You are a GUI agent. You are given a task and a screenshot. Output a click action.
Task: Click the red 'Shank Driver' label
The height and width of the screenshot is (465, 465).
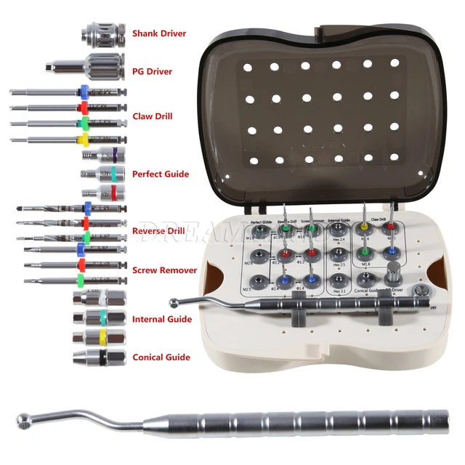click(x=159, y=33)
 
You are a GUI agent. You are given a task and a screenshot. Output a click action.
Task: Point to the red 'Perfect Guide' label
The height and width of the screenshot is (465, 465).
click(x=161, y=174)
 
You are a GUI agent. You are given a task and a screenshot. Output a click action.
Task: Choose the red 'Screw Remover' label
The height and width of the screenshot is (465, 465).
click(x=164, y=270)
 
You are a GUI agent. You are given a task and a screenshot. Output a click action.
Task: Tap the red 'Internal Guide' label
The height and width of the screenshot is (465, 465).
click(x=162, y=319)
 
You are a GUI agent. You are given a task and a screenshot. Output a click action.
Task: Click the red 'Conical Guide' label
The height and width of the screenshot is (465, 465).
click(x=161, y=357)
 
